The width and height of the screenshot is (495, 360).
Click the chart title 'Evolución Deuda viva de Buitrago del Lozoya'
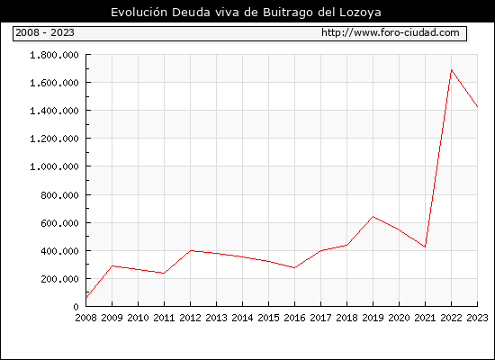pos(246,13)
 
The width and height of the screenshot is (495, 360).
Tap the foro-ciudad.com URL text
pos(391,32)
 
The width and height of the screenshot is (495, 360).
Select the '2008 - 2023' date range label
pos(45,32)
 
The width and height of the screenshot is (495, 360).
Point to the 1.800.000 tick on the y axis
pos(54,55)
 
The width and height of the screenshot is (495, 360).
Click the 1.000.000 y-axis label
pos(54,166)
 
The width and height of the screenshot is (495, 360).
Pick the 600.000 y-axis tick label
pos(59,223)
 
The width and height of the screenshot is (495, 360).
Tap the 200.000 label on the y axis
pos(59,279)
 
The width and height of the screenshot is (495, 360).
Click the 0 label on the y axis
pos(76,307)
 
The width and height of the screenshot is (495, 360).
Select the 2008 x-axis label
pos(85,318)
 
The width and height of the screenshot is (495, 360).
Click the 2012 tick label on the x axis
pos(190,318)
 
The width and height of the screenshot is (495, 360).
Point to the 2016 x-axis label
pos(294,318)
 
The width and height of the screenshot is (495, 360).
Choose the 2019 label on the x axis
pos(373,318)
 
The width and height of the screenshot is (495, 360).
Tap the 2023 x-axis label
pos(477,318)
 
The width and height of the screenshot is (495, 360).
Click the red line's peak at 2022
pos(452,70)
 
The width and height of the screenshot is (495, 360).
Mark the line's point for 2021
pos(425,247)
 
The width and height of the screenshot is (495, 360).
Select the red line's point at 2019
pos(373,217)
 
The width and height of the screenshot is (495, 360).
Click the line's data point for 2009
pos(112,265)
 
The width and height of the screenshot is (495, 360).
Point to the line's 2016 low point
pos(294,268)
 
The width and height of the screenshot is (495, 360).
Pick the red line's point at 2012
pos(190,251)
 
